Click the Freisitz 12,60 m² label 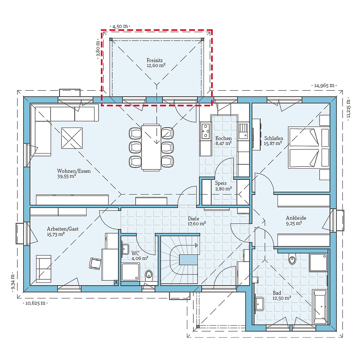point(156,63)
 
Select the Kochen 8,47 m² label point(223,140)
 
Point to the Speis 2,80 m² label point(223,186)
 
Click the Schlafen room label point(274,140)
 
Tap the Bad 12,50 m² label point(282,295)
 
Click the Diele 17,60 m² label point(197,221)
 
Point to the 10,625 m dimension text point(35,303)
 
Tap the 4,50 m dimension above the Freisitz point(120,26)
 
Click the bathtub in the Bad point(320,306)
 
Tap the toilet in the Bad point(292,259)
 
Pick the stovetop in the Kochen point(206,131)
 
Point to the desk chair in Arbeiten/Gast point(95,263)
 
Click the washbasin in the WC point(126,248)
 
